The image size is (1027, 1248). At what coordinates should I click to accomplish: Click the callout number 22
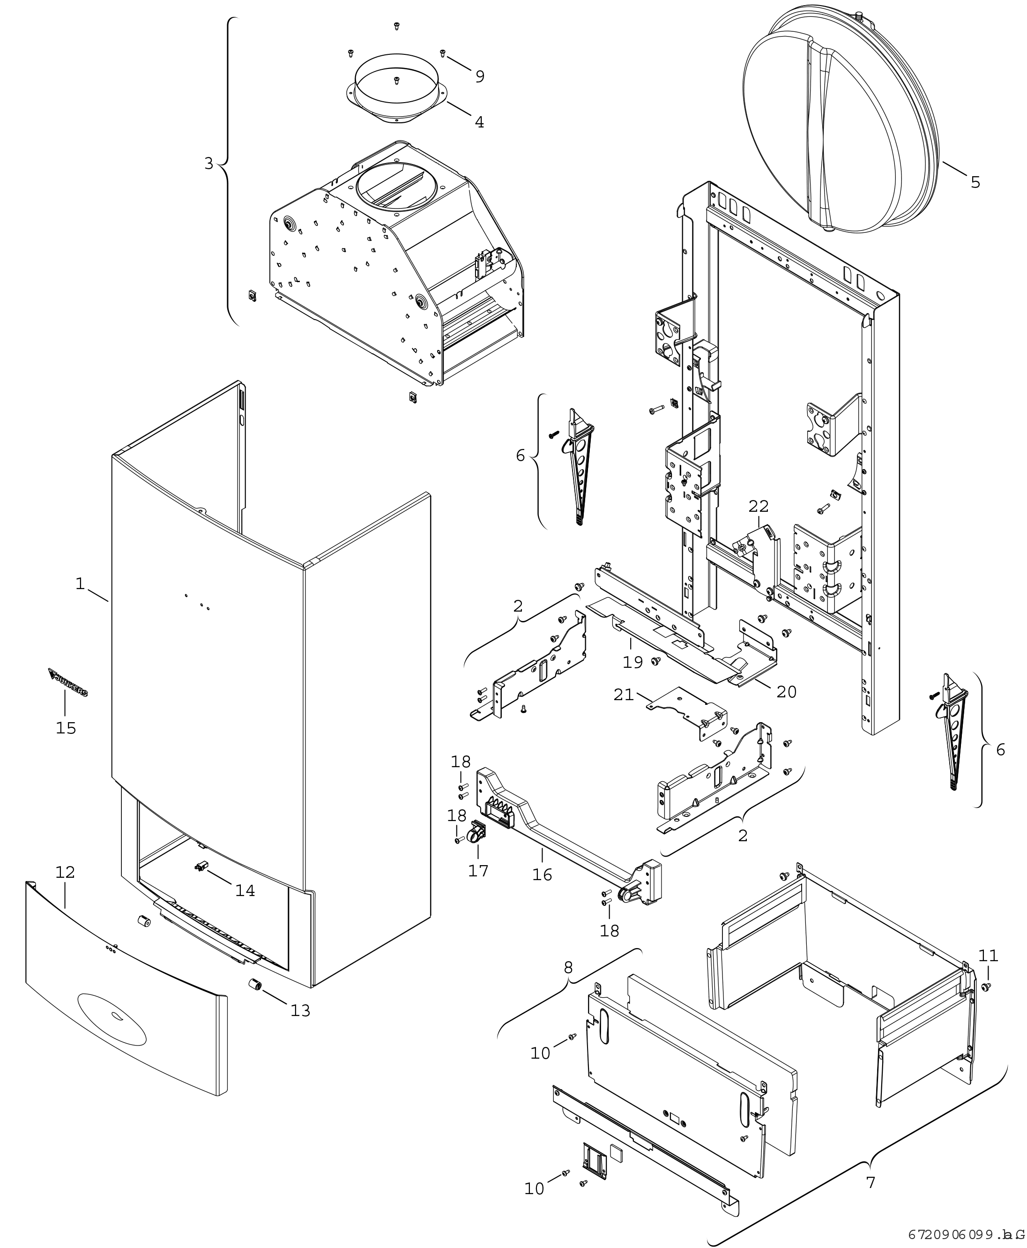(759, 507)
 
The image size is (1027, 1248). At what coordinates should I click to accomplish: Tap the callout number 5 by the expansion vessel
(975, 182)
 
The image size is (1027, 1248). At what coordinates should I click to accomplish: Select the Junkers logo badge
(68, 682)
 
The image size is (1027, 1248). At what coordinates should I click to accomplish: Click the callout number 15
(66, 728)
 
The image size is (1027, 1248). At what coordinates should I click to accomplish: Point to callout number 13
(300, 1011)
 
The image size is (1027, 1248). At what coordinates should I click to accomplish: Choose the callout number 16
(542, 874)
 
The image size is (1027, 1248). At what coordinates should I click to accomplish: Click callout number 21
(624, 695)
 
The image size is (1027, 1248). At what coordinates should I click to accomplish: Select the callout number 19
(633, 662)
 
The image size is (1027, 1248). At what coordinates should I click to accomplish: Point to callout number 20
(786, 691)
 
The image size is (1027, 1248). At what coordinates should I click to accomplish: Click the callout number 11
(988, 956)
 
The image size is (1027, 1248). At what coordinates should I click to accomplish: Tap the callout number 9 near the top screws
(479, 76)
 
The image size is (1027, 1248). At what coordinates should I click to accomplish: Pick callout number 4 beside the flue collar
(479, 122)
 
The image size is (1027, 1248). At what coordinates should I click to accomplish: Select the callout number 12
(65, 872)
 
